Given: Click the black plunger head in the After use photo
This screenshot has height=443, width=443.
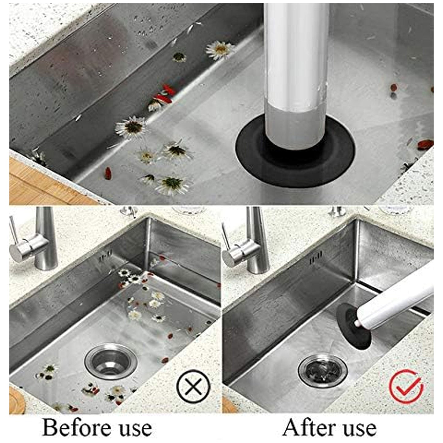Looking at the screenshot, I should tap(349, 327).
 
